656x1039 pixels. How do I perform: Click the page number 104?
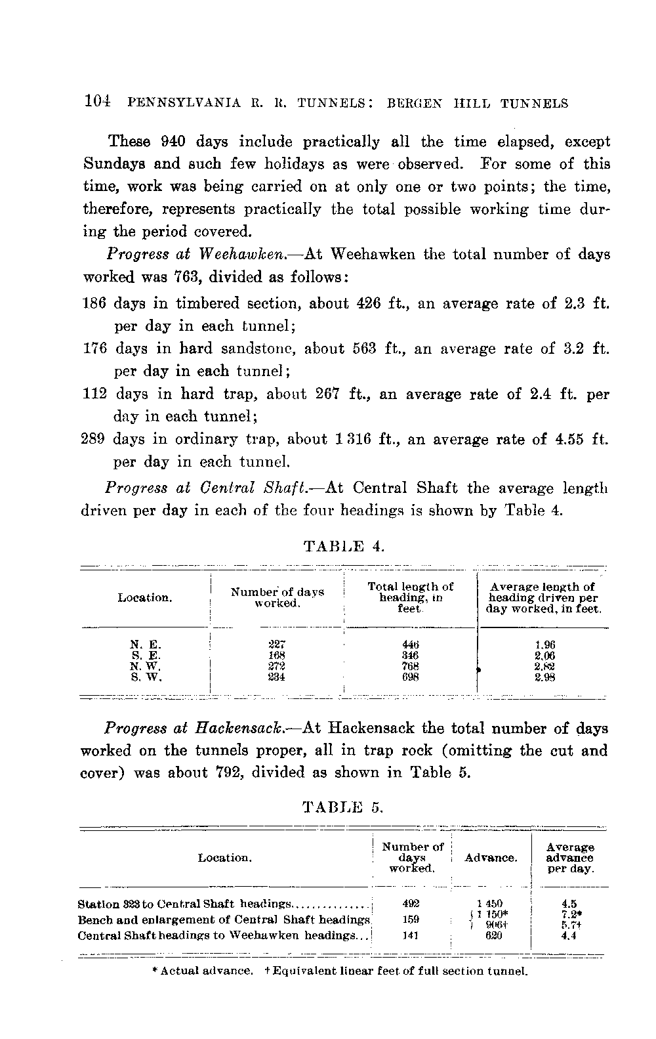[x=97, y=102]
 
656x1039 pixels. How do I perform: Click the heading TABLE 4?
[x=342, y=545]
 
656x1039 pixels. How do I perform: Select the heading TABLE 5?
[x=342, y=807]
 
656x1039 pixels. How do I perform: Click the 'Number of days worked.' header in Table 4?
[x=277, y=597]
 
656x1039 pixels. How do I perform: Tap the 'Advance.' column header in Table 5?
[x=491, y=858]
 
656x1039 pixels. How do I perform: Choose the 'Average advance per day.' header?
[x=569, y=858]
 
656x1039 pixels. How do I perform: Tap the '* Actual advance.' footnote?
[x=201, y=971]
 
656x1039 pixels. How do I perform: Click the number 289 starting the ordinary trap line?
[x=93, y=439]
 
